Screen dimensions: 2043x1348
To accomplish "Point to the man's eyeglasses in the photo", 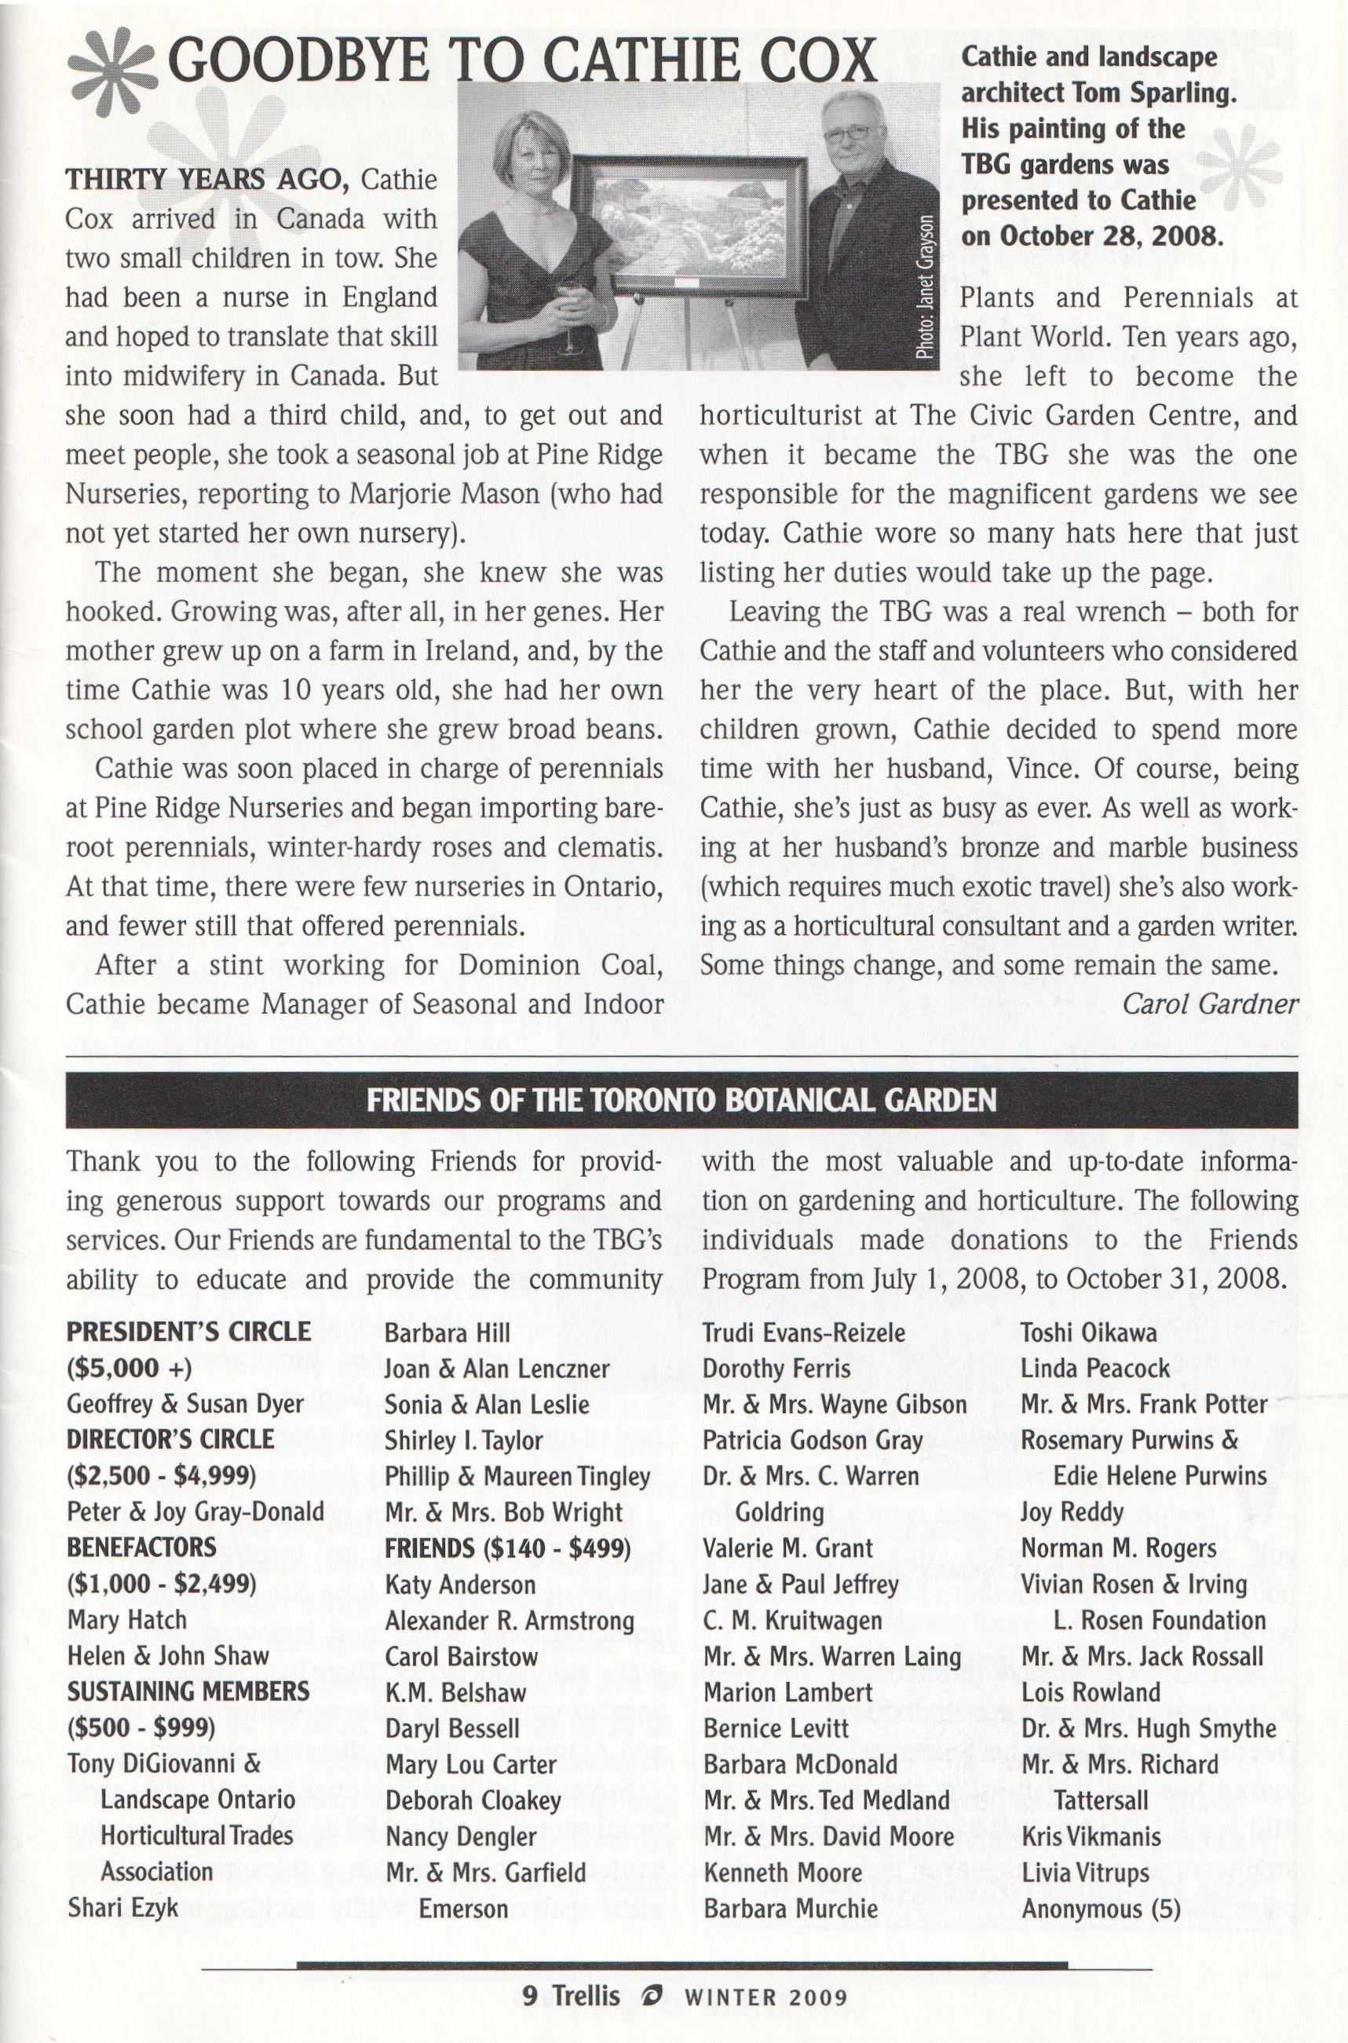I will click(852, 134).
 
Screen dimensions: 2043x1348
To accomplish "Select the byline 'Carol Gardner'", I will click(1210, 1003).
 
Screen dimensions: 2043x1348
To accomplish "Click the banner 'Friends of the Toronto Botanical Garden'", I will click(681, 1100).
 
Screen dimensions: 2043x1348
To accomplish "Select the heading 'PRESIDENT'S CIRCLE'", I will click(188, 1332).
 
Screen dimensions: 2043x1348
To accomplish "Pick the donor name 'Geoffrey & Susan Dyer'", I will click(184, 1404).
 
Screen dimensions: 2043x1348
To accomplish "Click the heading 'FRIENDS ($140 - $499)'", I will click(507, 1548).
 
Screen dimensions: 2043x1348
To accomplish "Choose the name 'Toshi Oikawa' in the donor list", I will click(1087, 1332).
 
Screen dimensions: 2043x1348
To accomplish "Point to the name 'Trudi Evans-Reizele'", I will click(803, 1332).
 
